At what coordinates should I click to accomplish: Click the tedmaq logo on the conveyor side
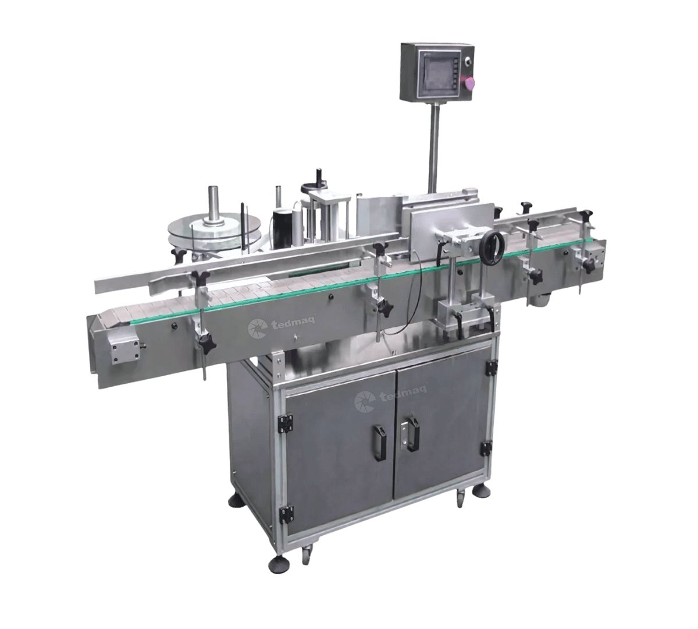click(x=281, y=325)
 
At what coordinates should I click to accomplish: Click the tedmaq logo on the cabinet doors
click(x=389, y=398)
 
